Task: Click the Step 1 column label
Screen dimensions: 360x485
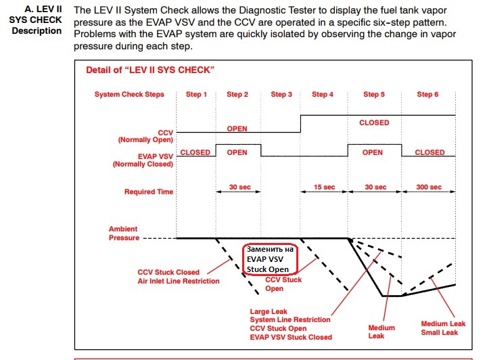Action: coord(196,95)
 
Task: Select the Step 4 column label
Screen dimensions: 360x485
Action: coord(323,95)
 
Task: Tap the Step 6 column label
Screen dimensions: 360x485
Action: coord(428,95)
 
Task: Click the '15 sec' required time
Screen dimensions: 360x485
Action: coord(324,187)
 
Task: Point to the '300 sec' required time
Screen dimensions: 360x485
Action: coord(430,187)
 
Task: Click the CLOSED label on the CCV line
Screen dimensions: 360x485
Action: coord(374,123)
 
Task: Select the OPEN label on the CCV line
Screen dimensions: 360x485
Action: coord(237,129)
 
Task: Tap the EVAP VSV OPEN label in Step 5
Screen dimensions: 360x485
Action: coord(372,153)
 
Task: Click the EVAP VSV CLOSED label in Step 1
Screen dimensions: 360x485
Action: coord(195,153)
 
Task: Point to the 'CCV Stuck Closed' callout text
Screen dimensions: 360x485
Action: coord(168,273)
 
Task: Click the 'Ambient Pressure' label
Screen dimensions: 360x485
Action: coord(124,234)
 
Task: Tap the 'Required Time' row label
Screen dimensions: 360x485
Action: coord(148,192)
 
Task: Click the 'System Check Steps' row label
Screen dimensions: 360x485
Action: coord(129,95)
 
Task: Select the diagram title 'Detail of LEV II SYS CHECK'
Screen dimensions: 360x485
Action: coord(150,70)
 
